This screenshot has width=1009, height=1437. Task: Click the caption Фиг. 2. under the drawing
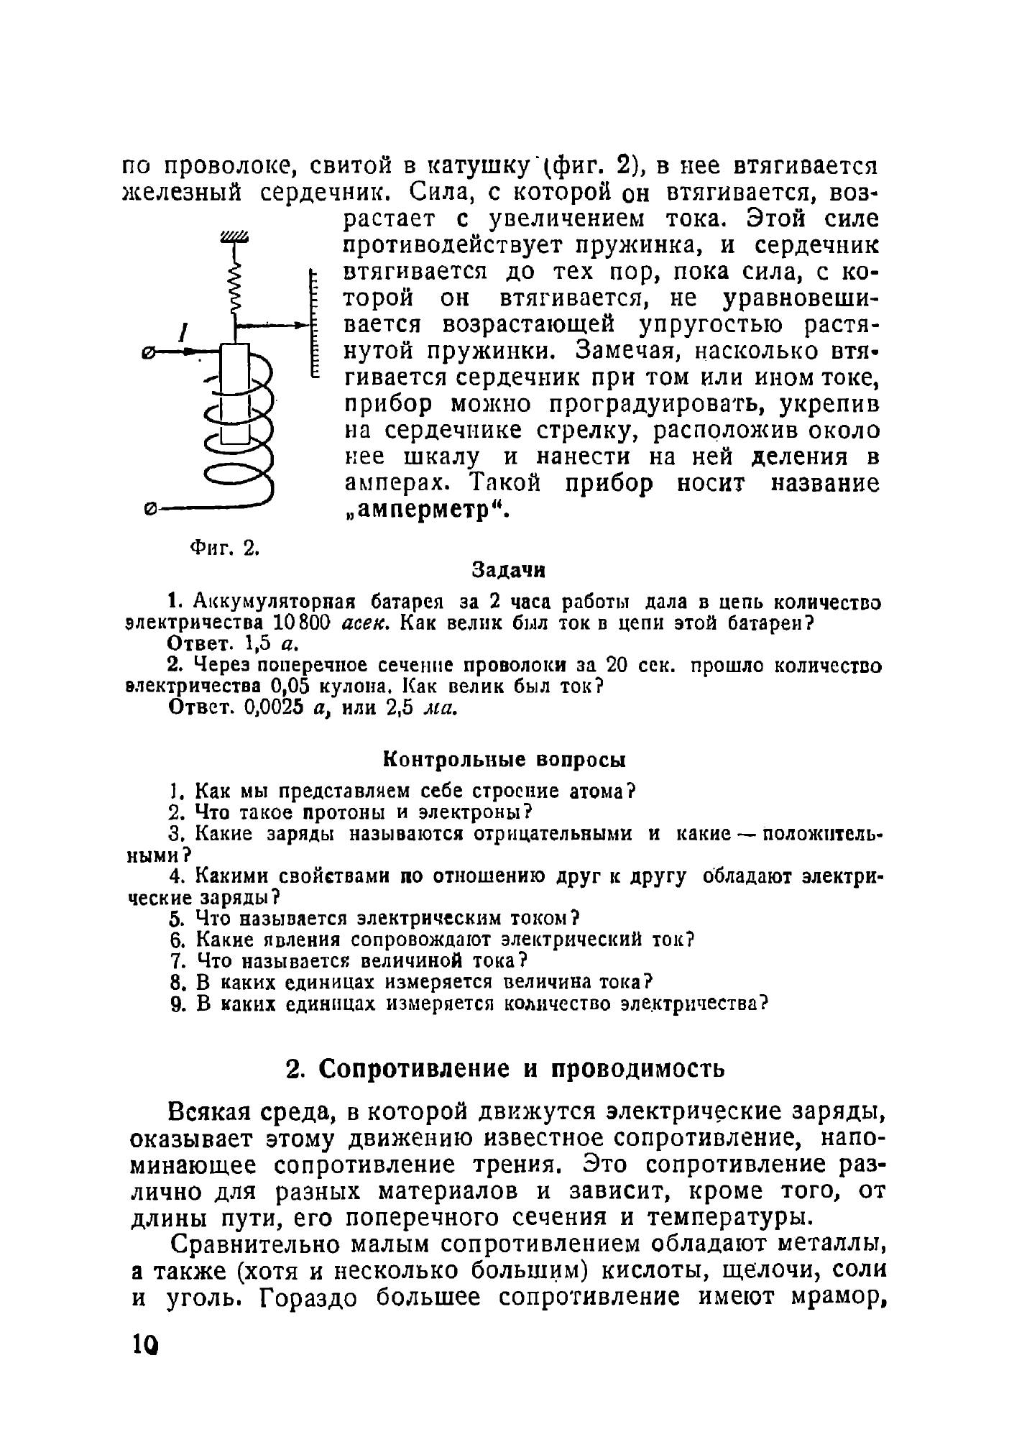click(224, 548)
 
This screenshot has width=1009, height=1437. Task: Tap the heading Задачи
click(508, 571)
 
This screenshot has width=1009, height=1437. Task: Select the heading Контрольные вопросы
click(503, 759)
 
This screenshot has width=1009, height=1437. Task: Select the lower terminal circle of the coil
click(149, 509)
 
